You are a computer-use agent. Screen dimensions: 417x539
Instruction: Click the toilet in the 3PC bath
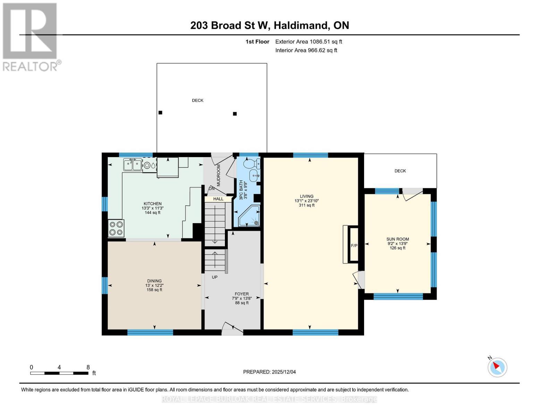tap(251, 163)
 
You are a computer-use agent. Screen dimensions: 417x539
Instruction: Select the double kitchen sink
tap(133, 165)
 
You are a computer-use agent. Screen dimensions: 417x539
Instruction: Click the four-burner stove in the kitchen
tap(116, 228)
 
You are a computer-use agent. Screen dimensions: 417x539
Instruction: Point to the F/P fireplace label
tap(354, 246)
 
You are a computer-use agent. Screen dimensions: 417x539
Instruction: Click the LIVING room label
tap(306, 196)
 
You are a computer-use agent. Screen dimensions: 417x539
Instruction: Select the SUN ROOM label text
tap(397, 239)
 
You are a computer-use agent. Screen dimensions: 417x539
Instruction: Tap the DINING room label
tap(154, 281)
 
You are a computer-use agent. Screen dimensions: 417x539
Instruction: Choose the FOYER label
tap(242, 294)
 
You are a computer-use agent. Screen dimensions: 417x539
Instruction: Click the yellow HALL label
tap(218, 199)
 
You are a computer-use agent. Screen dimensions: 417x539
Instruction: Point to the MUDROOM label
tap(219, 175)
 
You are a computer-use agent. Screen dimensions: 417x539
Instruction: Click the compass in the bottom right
tap(497, 367)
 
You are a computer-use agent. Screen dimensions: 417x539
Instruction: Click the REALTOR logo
tap(30, 36)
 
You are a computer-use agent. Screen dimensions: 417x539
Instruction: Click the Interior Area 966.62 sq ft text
tap(306, 50)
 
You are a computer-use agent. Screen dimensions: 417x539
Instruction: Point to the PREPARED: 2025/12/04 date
tap(269, 372)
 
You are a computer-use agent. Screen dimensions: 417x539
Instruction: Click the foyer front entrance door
tap(232, 329)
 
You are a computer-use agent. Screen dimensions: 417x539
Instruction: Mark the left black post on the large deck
tap(160, 113)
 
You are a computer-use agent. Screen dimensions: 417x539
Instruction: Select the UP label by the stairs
tap(214, 277)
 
